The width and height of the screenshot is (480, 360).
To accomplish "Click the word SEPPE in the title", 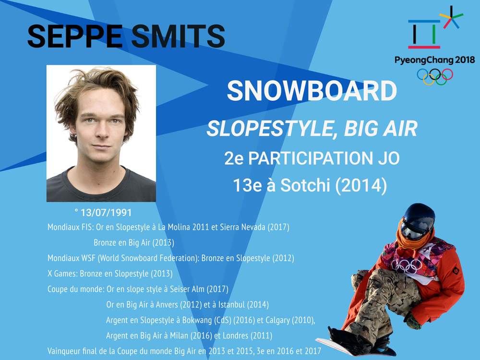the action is click(75, 36).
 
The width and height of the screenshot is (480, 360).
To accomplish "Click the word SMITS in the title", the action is click(178, 36).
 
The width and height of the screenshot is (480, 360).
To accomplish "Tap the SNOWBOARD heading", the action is click(312, 91).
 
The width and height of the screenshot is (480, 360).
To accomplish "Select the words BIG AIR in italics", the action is click(381, 128).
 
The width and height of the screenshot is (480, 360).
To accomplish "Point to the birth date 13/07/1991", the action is click(106, 213).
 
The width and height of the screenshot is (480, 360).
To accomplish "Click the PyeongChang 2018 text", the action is click(435, 60).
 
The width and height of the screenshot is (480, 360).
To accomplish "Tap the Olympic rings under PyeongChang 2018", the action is click(435, 76).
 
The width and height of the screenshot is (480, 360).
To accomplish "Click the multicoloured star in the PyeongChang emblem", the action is click(451, 17).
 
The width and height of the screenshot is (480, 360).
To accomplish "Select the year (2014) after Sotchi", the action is click(361, 185).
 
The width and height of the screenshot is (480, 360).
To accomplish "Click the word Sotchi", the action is click(305, 185).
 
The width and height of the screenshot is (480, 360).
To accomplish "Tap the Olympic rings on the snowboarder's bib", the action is click(407, 265).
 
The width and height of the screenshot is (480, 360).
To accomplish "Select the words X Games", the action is click(62, 274).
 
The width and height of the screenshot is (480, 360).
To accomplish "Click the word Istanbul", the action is click(231, 305).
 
